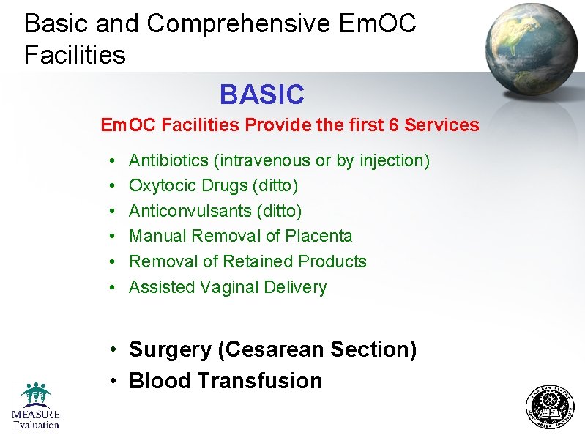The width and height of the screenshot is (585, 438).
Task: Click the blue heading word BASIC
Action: (261, 94)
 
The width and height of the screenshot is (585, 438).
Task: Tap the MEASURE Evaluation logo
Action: (35, 406)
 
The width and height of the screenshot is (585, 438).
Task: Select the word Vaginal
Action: (229, 287)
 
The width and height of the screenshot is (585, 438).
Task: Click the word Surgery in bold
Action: (170, 350)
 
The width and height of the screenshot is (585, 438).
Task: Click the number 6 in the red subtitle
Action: (394, 125)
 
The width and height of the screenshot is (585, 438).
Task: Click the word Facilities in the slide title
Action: (75, 54)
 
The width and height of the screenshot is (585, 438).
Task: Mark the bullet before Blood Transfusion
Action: (116, 382)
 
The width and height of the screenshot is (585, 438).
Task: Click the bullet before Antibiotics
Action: (108, 160)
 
